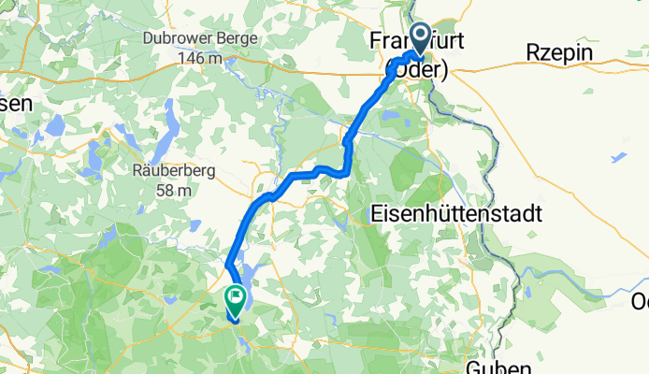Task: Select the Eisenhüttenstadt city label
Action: [456, 213]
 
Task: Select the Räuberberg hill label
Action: [176, 171]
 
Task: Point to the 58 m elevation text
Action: [176, 190]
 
